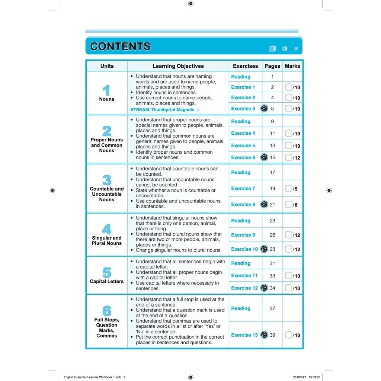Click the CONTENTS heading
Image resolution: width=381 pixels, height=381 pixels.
(x=120, y=47)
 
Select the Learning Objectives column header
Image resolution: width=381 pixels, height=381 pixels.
(x=178, y=66)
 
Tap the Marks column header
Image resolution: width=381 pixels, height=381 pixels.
(x=292, y=66)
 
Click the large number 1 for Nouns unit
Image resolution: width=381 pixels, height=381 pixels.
(x=107, y=90)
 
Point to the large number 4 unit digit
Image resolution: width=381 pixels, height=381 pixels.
(x=107, y=229)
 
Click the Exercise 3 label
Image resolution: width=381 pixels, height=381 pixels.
(x=243, y=109)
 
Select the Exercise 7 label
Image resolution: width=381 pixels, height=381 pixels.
(x=243, y=189)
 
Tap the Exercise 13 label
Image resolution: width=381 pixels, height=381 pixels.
(x=244, y=335)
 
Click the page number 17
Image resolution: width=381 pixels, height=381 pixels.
(x=272, y=173)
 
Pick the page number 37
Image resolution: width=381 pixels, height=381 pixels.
(x=272, y=308)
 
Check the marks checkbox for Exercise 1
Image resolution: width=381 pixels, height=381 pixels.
(x=288, y=87)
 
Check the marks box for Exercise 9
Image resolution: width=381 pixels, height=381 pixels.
(x=288, y=235)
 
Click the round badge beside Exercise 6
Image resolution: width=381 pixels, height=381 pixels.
(x=264, y=157)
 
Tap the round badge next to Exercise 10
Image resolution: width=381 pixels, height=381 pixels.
(x=264, y=249)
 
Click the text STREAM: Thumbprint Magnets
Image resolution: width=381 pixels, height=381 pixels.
(x=162, y=110)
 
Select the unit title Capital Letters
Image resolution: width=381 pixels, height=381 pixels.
(x=107, y=281)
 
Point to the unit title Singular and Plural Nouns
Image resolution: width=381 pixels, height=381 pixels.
(x=107, y=240)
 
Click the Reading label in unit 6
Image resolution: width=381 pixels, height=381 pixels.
(x=241, y=308)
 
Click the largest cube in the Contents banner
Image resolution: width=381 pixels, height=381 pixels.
(x=272, y=49)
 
